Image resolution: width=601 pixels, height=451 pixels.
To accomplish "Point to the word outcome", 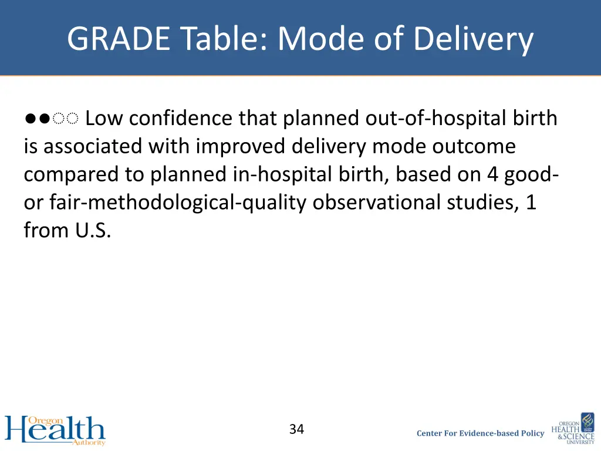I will tap(474, 146).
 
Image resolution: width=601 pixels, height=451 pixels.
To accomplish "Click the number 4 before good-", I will tap(492, 174).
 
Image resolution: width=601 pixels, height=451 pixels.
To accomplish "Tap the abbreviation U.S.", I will tap(93, 230).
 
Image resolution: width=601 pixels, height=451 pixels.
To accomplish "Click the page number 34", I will tap(296, 429).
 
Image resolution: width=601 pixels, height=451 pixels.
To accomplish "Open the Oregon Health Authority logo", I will tap(55, 430).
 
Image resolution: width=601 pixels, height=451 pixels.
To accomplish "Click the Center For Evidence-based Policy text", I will tap(480, 433).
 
